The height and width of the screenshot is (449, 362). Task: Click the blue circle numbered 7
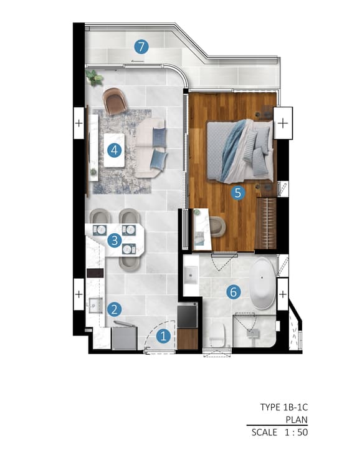141,47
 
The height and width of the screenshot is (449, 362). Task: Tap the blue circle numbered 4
115,150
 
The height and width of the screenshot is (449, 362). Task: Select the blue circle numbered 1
163,336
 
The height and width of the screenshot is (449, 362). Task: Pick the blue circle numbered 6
234,292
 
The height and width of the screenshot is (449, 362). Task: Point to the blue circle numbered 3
115,240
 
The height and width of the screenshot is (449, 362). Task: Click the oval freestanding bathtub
263,284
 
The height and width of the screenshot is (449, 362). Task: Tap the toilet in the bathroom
217,336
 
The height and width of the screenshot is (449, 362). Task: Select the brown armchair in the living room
115,101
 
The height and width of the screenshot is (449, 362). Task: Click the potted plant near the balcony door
94,77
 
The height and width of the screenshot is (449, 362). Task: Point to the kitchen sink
95,306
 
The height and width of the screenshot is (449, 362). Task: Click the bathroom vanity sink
191,275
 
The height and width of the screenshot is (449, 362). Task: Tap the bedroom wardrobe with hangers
266,223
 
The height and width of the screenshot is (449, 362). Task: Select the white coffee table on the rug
114,150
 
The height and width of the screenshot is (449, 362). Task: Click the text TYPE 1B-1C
284,407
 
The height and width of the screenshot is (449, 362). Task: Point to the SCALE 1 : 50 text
280,432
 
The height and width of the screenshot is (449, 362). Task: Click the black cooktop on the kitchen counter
95,273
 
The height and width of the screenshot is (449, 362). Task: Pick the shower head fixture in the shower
253,333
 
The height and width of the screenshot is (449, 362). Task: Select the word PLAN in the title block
297,420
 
